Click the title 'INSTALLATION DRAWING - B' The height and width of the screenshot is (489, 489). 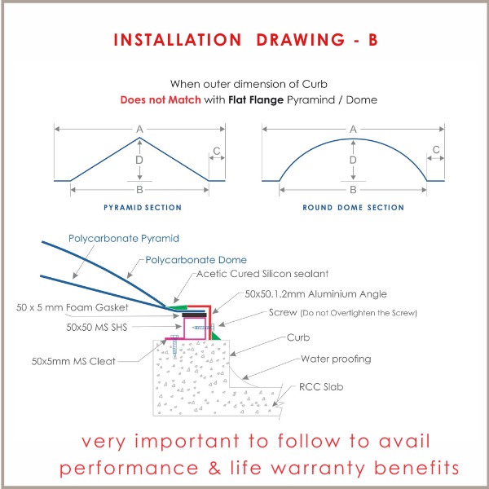(x=244, y=39)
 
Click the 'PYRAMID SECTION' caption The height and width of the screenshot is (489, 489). (x=143, y=208)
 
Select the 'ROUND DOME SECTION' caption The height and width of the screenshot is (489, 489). (x=353, y=208)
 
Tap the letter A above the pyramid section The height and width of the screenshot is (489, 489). (x=140, y=129)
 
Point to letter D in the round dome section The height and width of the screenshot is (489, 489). (x=353, y=161)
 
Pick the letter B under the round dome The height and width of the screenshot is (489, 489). (x=353, y=189)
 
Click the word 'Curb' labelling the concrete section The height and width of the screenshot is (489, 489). (x=297, y=337)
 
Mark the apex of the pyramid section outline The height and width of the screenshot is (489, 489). (x=140, y=135)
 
